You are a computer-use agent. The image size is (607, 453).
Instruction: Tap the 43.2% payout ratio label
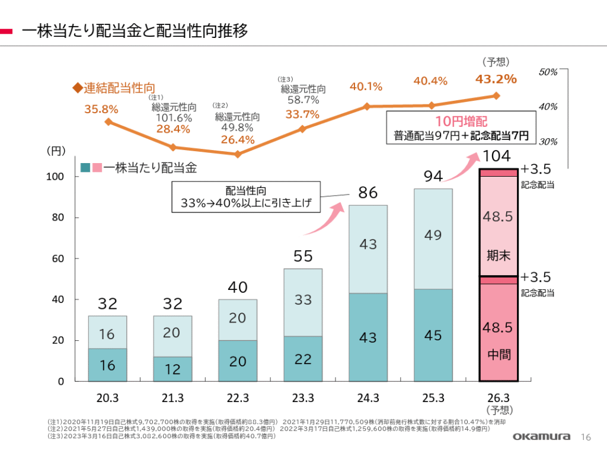click(496, 78)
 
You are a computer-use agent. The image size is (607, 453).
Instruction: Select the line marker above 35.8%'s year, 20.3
click(108, 122)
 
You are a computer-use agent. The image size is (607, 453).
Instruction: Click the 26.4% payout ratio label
click(237, 140)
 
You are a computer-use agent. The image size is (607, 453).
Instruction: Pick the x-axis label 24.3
click(368, 397)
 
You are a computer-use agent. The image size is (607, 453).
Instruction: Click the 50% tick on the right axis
click(548, 72)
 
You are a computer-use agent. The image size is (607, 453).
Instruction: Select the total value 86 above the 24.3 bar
click(368, 192)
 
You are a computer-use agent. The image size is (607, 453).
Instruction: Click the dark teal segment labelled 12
click(172, 369)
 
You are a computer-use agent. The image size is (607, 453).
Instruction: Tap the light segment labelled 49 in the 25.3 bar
click(433, 235)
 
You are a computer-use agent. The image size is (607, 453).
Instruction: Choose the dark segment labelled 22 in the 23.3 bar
click(302, 359)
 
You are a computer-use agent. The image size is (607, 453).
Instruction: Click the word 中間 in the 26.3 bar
click(498, 355)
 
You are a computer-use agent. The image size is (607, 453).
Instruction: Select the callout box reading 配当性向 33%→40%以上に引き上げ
click(245, 197)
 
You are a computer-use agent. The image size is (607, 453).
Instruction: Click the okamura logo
click(542, 437)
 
